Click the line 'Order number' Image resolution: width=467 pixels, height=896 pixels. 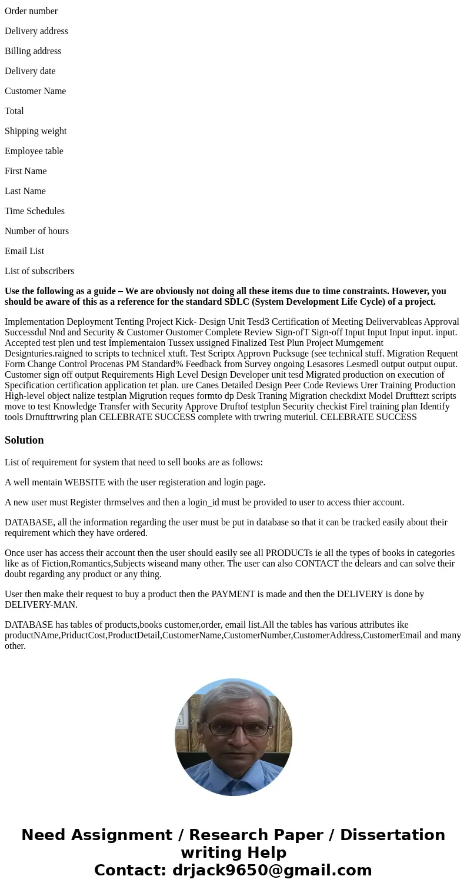[31, 11]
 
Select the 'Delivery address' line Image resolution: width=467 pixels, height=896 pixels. [36, 31]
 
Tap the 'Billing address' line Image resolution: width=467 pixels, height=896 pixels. [33, 51]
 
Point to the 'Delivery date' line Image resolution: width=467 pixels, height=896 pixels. [30, 71]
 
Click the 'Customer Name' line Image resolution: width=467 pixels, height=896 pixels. [35, 91]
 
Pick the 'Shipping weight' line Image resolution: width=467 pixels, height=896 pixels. [36, 131]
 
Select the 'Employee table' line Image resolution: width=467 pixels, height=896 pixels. [34, 151]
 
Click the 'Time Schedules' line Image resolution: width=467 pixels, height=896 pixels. [35, 211]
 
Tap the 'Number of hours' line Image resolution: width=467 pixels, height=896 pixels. [36, 231]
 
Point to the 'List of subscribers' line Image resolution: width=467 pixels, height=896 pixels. [39, 271]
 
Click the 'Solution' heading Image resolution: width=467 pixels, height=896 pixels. [24, 440]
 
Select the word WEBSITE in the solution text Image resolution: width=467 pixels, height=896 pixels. [85, 482]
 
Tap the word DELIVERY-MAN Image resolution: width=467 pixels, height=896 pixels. [41, 605]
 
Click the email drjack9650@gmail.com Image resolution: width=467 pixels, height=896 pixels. [272, 870]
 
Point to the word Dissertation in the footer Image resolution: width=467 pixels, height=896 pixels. [392, 835]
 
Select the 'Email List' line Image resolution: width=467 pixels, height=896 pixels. [25, 251]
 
